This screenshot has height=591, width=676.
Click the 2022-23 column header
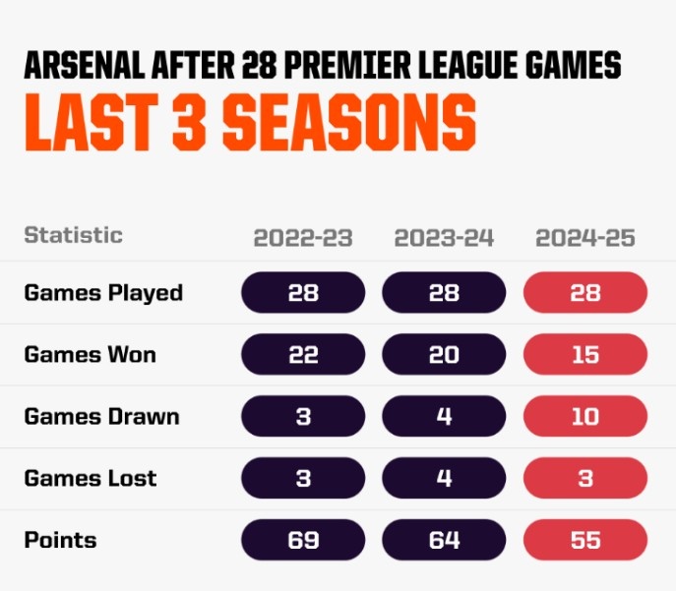pos(302,238)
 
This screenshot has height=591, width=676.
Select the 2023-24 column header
pos(444,238)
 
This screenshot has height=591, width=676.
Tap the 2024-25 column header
pos(585,238)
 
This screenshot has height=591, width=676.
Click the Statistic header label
pos(74,235)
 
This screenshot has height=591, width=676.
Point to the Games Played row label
pos(103,292)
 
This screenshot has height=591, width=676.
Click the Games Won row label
pos(91,354)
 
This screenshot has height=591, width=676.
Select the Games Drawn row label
pos(102,416)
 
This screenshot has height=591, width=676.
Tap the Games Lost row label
pos(91,478)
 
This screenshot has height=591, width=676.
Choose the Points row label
pos(61,540)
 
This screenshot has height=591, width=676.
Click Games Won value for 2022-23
pos(303,354)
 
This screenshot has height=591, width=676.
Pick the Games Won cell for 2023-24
pos(444,354)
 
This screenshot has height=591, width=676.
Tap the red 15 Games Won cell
pos(585,354)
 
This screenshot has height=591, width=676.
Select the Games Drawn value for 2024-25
pos(585,416)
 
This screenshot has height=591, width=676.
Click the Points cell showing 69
pos(303,540)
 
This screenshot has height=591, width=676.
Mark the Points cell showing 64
pos(444,540)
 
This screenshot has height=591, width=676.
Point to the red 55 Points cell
pos(585,540)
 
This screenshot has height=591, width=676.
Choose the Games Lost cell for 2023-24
pos(444,478)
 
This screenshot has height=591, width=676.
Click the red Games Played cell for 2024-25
pos(585,292)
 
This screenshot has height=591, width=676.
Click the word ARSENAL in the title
pos(88,65)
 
